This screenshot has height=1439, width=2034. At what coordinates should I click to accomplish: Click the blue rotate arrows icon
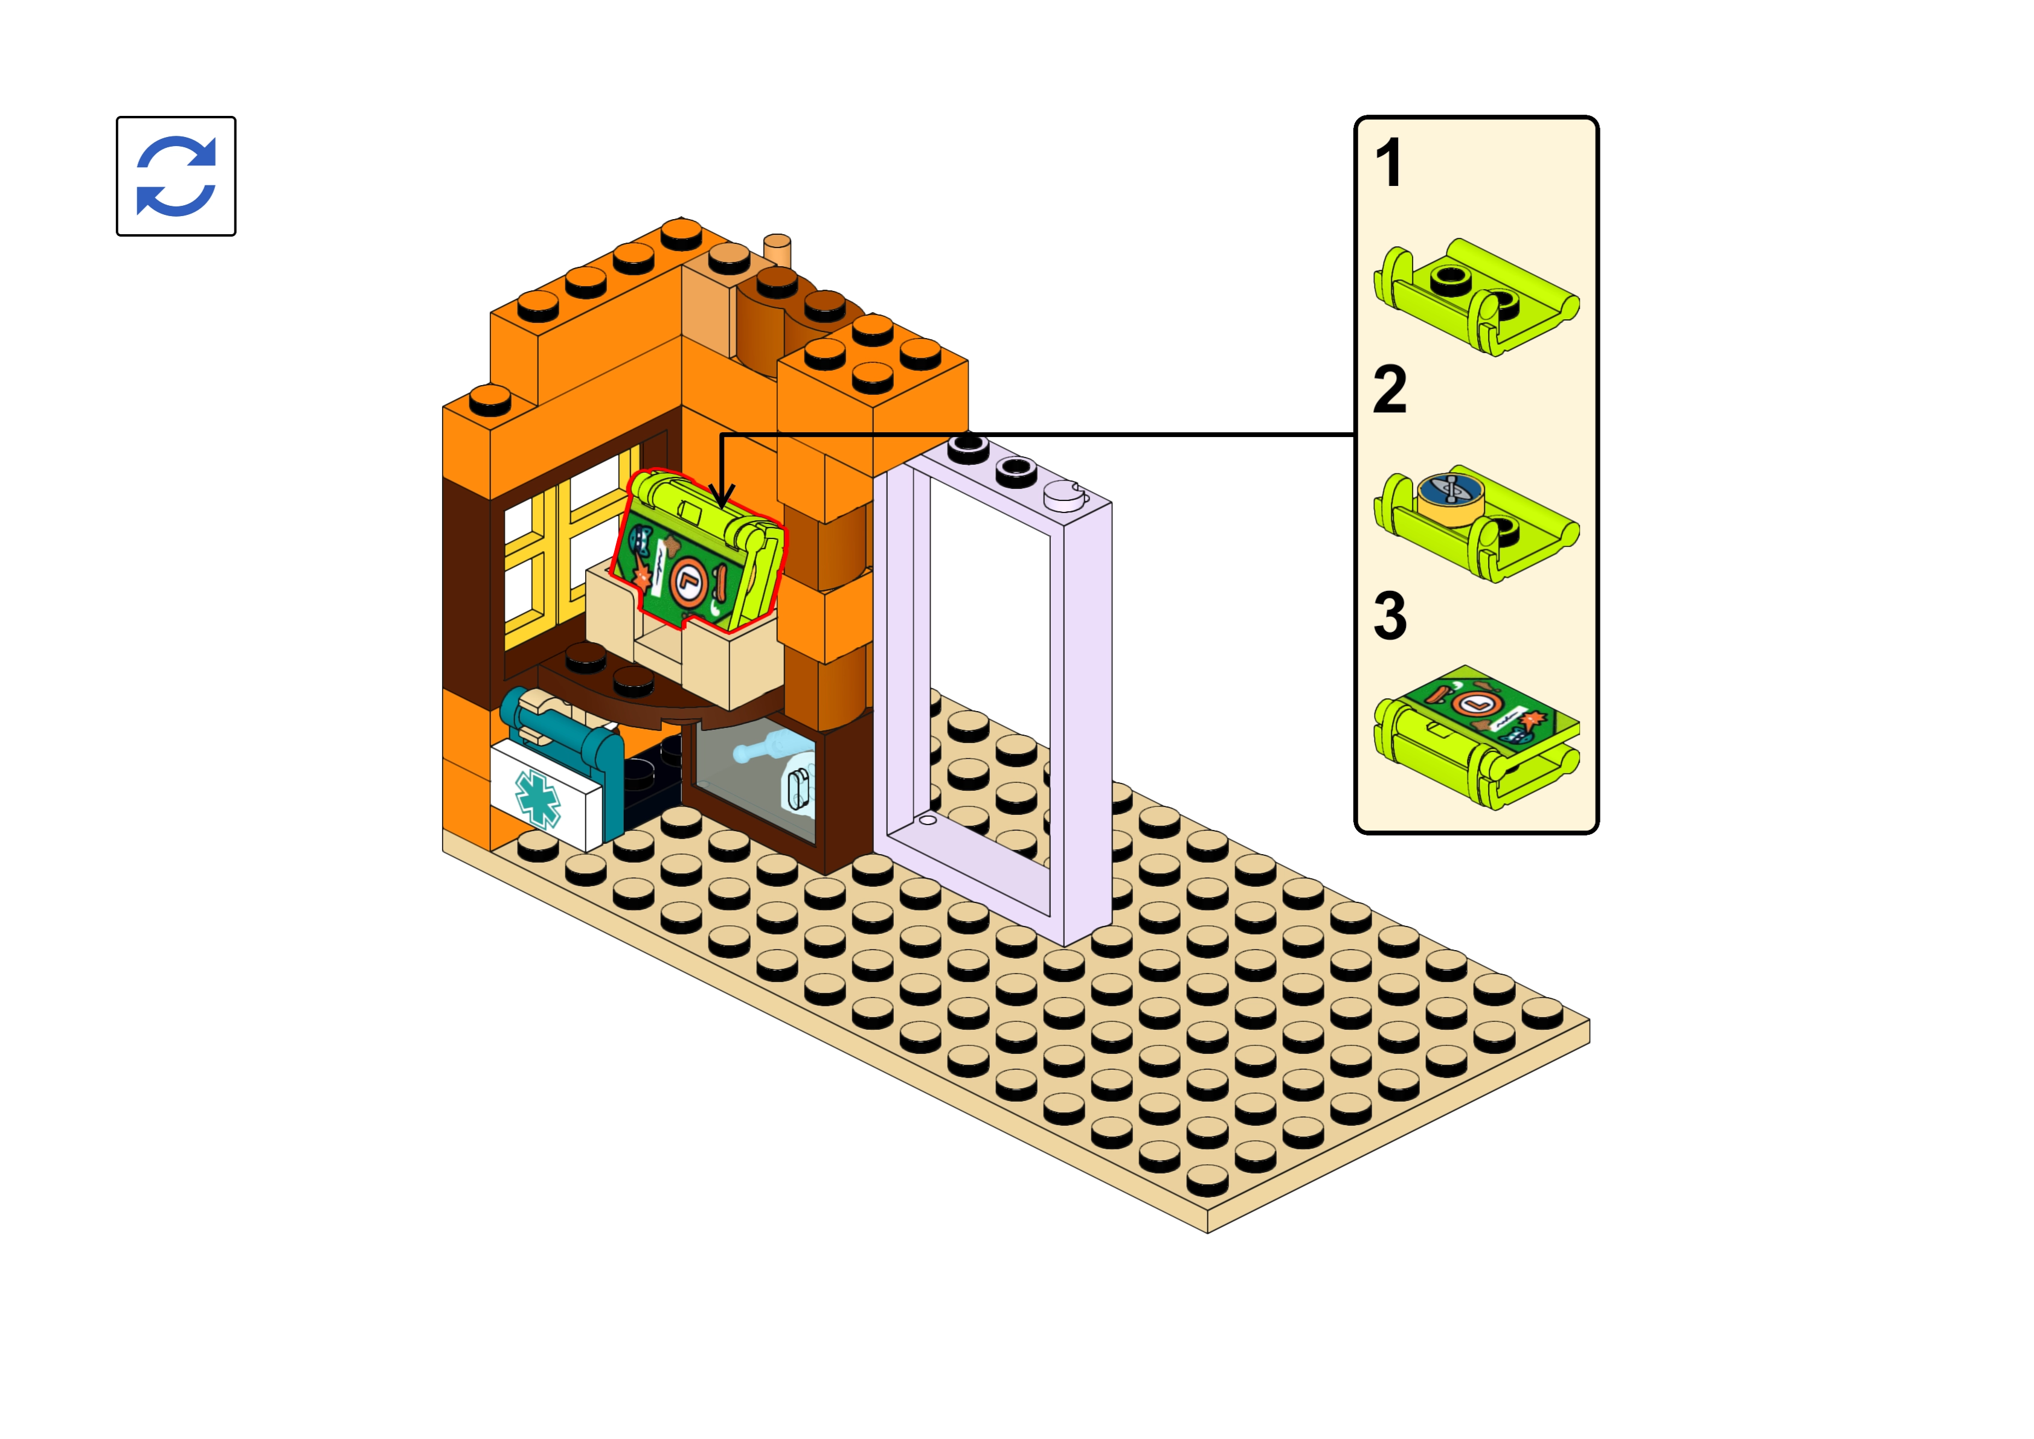pyautogui.click(x=176, y=176)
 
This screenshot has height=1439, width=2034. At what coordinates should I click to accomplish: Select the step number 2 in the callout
pyautogui.click(x=1389, y=390)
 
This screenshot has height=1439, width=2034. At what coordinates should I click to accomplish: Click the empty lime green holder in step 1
pyautogui.click(x=1475, y=297)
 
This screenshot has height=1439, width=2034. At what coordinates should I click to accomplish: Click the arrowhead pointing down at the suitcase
pyautogui.click(x=722, y=496)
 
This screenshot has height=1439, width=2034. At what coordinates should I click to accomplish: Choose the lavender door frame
pyautogui.click(x=993, y=691)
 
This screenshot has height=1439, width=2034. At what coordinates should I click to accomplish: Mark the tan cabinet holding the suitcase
pyautogui.click(x=687, y=647)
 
